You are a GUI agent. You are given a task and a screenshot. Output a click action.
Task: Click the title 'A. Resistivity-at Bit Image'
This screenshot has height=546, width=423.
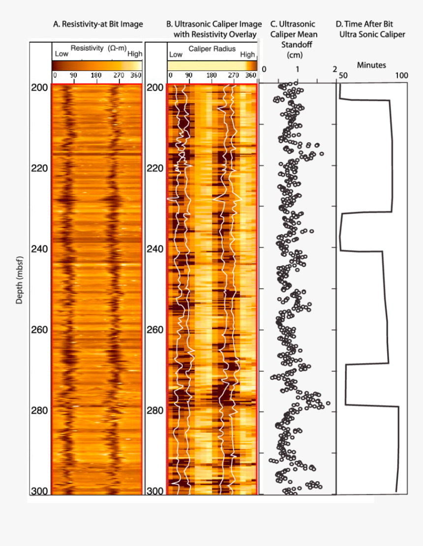click(98, 24)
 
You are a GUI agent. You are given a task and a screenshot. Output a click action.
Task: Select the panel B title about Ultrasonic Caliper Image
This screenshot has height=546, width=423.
click(214, 29)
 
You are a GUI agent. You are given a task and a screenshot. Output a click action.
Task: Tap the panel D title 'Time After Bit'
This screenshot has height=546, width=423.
click(370, 24)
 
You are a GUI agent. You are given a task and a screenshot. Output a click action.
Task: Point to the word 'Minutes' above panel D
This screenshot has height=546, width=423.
click(371, 65)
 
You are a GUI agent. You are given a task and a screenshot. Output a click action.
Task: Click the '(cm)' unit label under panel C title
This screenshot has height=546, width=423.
click(294, 55)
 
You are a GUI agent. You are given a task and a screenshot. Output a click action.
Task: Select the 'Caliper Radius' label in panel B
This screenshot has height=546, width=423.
click(211, 49)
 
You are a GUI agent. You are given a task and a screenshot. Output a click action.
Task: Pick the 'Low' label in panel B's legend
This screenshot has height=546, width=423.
click(176, 55)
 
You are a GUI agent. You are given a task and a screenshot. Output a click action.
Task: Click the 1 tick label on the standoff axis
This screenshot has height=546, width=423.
click(297, 69)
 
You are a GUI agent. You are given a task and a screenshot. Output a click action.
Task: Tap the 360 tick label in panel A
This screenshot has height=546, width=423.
click(136, 75)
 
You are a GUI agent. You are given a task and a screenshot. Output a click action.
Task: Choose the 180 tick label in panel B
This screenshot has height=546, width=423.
click(211, 75)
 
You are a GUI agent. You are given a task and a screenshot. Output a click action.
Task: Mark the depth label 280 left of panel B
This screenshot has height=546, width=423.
click(155, 410)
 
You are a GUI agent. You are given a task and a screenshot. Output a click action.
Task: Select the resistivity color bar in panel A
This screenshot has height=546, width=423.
click(97, 65)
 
